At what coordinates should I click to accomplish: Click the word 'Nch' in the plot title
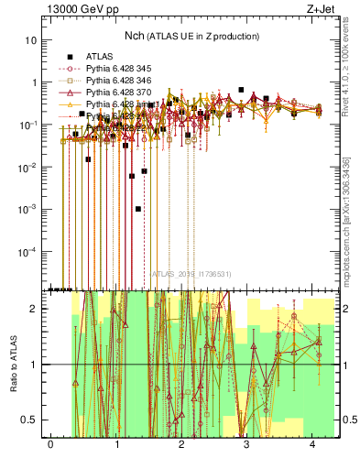tap(136, 36)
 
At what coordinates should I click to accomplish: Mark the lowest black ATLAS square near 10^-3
tap(138, 209)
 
